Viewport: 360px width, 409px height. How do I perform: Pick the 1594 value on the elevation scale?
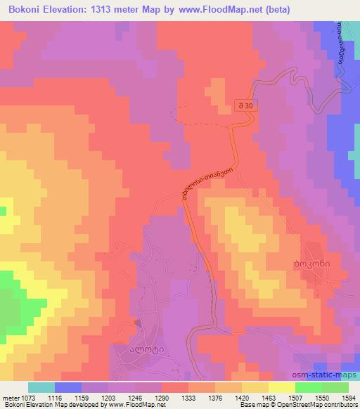coord(348,398)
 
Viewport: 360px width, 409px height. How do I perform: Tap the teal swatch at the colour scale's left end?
coord(41,387)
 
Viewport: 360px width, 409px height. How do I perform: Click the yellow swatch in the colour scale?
coord(282,387)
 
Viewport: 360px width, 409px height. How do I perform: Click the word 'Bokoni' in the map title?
coord(21,9)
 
